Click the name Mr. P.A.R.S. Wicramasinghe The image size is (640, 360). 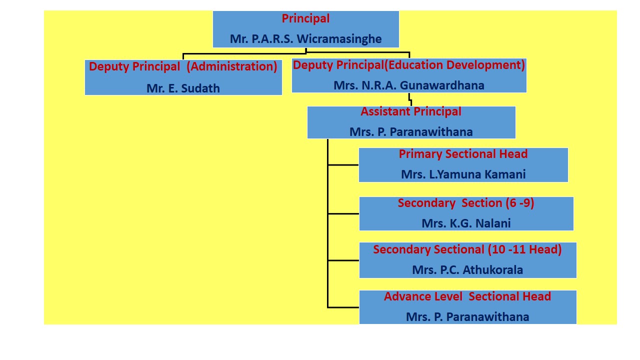(305, 38)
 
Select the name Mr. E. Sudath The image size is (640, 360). (183, 88)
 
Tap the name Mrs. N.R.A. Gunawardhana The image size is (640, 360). (408, 85)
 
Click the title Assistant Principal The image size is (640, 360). (411, 111)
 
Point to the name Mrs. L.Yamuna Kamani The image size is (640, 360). (463, 174)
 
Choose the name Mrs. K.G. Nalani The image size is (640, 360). (466, 223)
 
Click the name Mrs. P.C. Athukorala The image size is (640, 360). (467, 270)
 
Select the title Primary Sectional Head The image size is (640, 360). (463, 154)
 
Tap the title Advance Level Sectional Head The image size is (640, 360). (467, 296)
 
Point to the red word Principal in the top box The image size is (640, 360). (305, 18)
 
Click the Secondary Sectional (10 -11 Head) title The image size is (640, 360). (467, 249)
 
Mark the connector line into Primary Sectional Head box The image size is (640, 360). (343, 164)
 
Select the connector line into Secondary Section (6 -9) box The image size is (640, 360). (343, 213)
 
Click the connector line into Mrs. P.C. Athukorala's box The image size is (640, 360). (343, 260)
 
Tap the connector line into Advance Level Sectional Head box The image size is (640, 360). (343, 307)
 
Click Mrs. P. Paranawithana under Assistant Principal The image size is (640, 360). (411, 132)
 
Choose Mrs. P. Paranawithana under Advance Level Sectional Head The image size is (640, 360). (467, 317)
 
